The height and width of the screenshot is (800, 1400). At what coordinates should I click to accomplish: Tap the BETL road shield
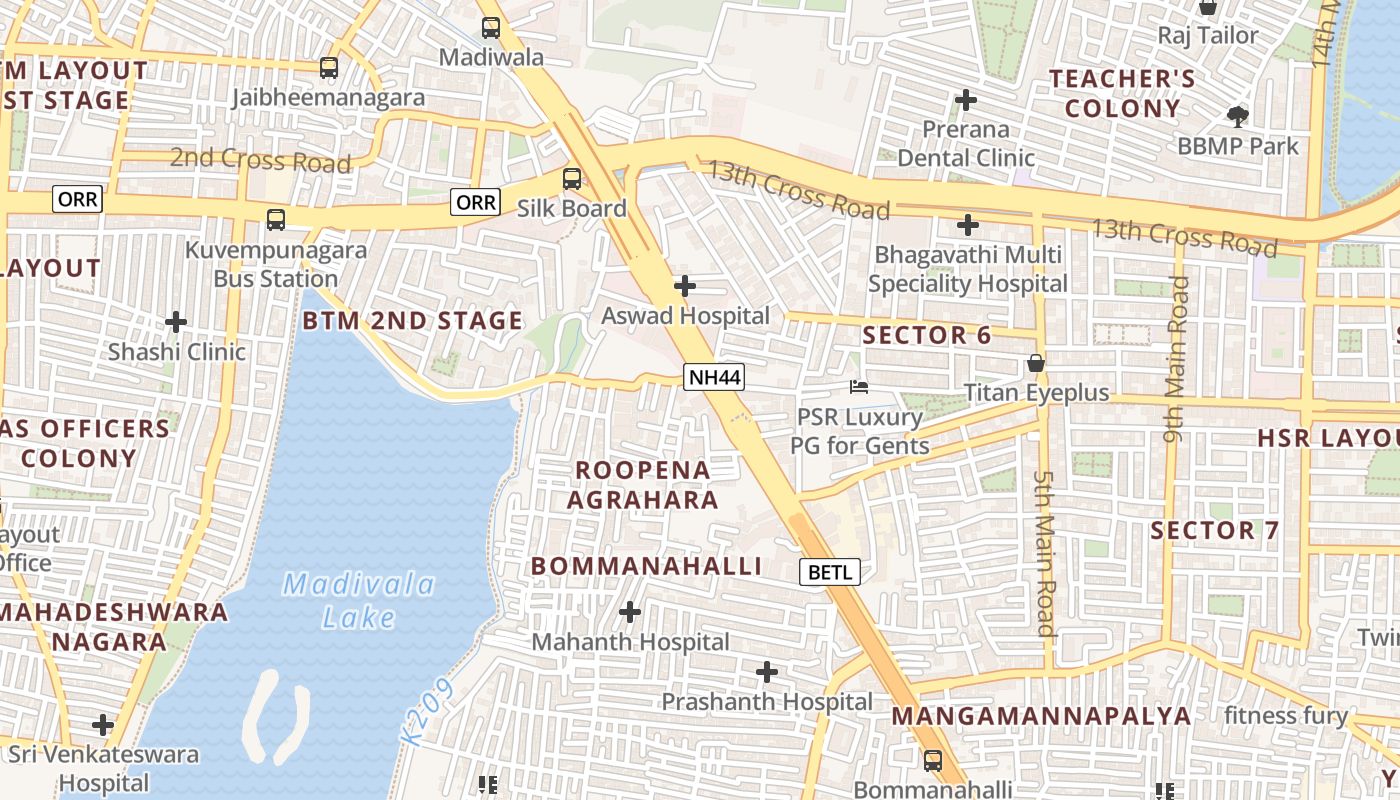point(830,572)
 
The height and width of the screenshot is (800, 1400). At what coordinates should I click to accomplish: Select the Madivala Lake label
point(359,601)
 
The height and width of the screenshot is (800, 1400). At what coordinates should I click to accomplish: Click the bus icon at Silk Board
point(572,180)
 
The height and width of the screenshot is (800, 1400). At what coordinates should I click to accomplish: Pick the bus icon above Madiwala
point(491,28)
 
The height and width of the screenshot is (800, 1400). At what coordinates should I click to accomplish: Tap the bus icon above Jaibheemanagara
point(329,68)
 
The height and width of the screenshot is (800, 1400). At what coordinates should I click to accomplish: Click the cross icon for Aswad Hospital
point(685,287)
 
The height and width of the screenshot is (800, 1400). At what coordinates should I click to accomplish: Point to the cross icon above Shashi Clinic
point(176,322)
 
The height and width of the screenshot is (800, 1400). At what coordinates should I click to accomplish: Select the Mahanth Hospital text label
point(630,642)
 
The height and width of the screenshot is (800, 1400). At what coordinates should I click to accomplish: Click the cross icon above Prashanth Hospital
point(767,672)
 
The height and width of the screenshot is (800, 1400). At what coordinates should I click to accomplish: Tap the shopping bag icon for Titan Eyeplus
point(1036,363)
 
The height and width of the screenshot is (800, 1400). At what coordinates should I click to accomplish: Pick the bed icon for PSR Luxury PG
point(859,387)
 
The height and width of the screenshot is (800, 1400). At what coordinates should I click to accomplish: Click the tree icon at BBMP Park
point(1238,116)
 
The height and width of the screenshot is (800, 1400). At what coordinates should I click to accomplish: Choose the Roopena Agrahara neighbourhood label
point(643,485)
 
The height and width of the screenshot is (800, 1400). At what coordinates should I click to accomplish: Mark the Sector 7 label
point(1215,531)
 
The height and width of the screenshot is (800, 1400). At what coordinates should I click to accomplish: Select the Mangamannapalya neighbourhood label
point(1041,716)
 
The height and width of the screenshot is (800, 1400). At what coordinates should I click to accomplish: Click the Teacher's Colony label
point(1121,93)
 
